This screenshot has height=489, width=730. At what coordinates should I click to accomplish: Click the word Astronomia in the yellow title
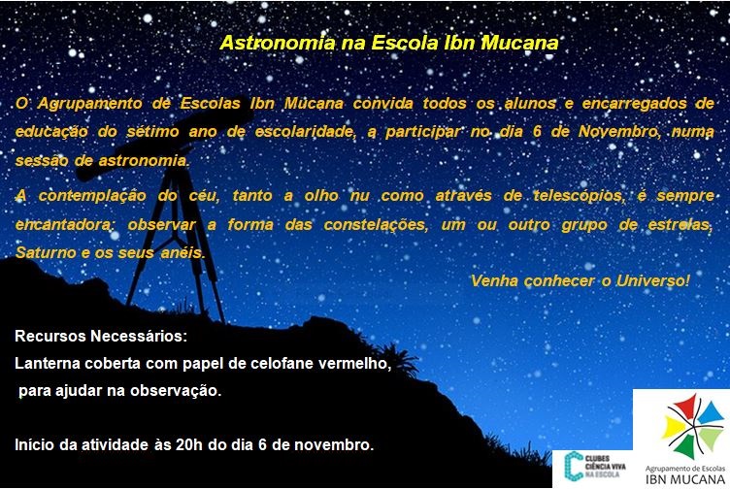coord(277,43)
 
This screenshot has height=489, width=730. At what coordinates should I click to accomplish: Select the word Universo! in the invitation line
coord(652,281)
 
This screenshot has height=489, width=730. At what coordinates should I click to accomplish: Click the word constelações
coord(376,225)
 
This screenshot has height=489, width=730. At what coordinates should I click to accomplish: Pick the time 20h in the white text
coord(189,444)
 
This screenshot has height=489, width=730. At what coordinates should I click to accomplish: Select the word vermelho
coord(354,364)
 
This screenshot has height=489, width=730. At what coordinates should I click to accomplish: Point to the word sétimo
coord(152,132)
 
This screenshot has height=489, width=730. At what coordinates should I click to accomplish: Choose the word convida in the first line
coord(382,103)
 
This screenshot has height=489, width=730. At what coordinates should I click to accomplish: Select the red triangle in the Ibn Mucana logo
coord(683,406)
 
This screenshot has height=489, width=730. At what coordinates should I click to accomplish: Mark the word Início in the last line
coord(35,444)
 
